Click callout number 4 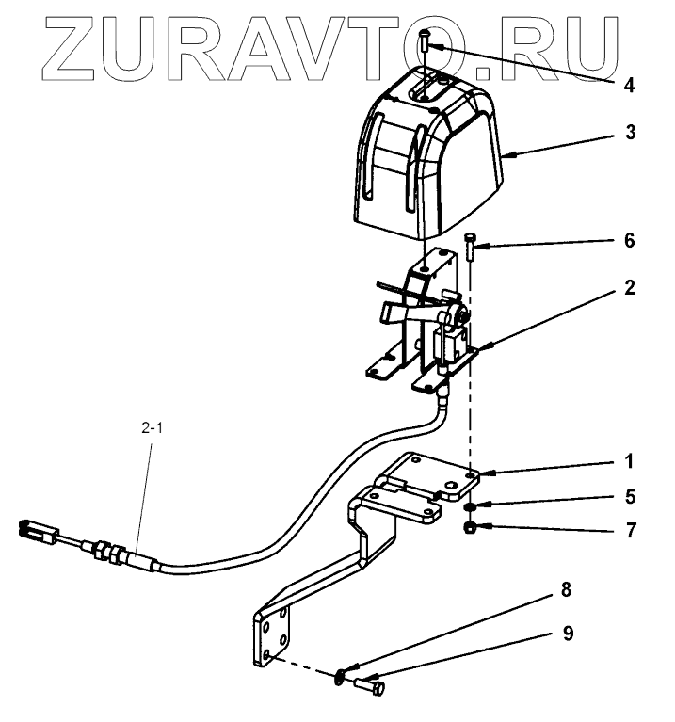click(x=628, y=85)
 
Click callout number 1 click(x=629, y=462)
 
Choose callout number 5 click(x=629, y=495)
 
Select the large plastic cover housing click(x=428, y=160)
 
